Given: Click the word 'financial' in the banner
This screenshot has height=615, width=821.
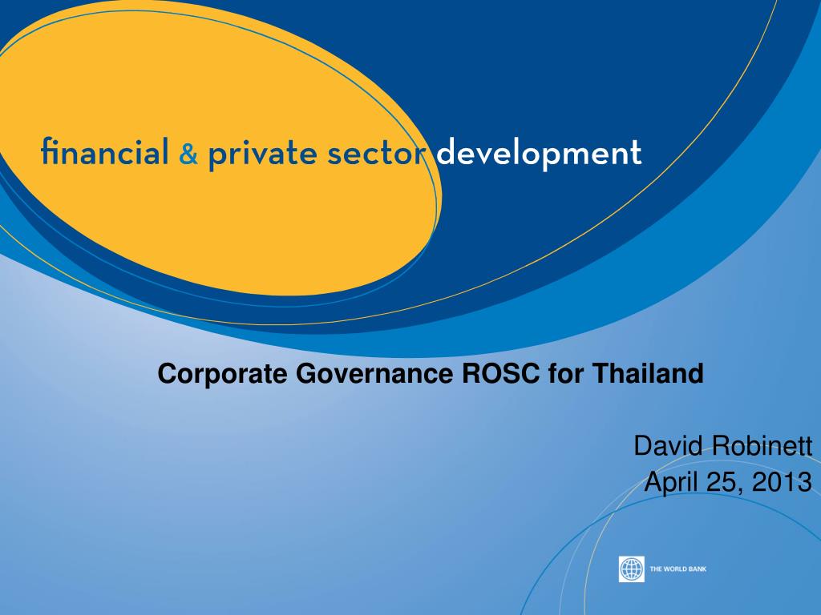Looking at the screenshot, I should click(x=104, y=153).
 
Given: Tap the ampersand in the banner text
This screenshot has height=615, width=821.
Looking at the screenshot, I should click(x=188, y=155).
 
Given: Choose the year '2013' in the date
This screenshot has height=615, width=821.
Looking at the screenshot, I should click(x=783, y=482).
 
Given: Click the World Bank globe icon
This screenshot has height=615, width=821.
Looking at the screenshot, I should click(x=632, y=569).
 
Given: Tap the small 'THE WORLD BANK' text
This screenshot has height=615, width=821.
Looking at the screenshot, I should click(x=677, y=569).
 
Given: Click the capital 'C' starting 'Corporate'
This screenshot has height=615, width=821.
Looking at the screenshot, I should click(x=166, y=373).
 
